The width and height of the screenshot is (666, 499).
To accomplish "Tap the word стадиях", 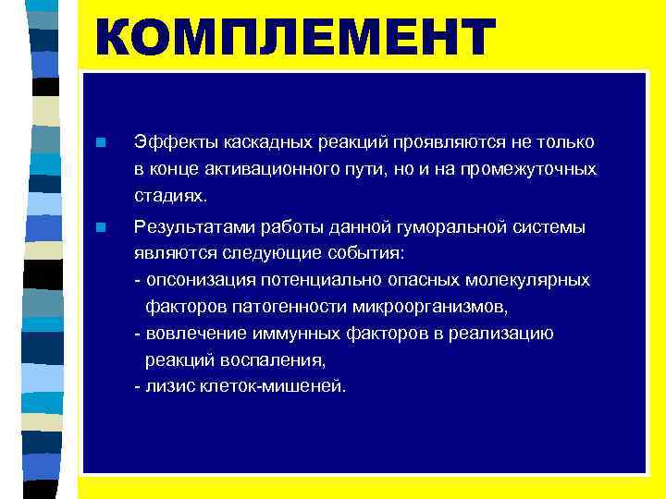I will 171,197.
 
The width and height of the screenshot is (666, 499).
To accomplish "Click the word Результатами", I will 191,226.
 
